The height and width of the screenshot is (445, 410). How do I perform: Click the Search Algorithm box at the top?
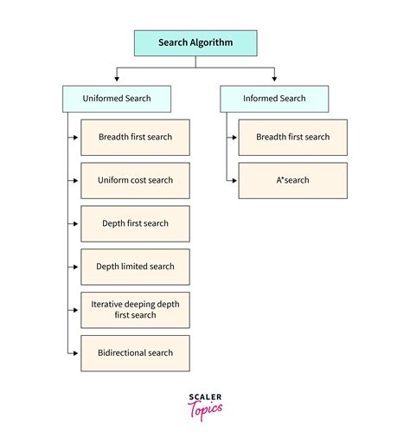pos(195,43)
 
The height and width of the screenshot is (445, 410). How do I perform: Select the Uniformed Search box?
pos(117,99)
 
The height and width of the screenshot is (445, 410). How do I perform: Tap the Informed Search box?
pos(274,99)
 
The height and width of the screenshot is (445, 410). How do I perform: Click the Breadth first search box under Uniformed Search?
pos(135,138)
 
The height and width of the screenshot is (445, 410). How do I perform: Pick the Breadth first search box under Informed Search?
pos(293,138)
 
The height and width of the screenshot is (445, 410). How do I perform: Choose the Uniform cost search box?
pos(135,181)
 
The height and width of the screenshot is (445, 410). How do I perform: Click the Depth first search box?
pos(135,223)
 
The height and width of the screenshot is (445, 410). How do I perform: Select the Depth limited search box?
pos(135,267)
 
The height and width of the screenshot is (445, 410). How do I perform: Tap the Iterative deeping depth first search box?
pos(135,310)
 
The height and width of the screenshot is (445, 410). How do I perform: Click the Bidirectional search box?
pos(135,353)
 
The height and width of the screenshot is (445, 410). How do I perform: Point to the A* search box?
pos(293,181)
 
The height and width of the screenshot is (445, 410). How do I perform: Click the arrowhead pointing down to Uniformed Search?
pos(117,79)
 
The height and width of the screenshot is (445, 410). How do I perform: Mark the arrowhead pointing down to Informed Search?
pos(274,79)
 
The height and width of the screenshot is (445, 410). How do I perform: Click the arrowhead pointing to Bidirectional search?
pos(76,353)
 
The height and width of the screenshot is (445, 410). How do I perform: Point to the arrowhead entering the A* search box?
pos(234,181)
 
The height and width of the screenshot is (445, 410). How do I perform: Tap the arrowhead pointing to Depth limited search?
pos(76,267)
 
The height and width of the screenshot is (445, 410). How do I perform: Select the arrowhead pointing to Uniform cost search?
pos(76,181)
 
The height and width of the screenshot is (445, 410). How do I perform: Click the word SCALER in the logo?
pos(205,397)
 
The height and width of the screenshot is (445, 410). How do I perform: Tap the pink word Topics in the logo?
pos(205,410)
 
